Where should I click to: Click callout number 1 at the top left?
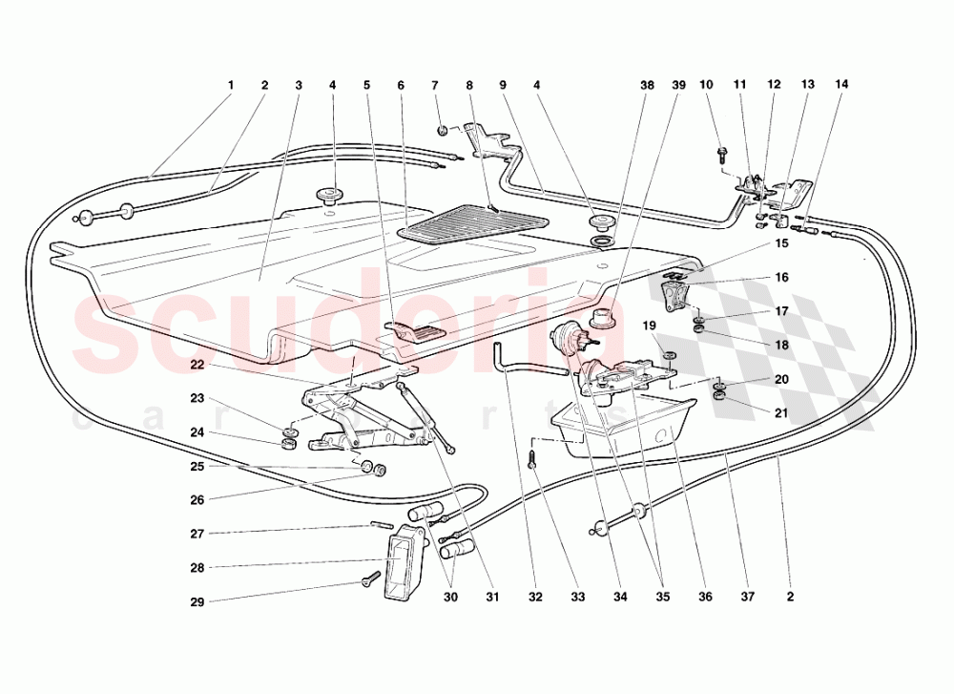(230, 85)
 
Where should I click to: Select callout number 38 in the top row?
(648, 85)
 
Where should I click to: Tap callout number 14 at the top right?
(840, 85)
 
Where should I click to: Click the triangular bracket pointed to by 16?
(677, 292)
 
